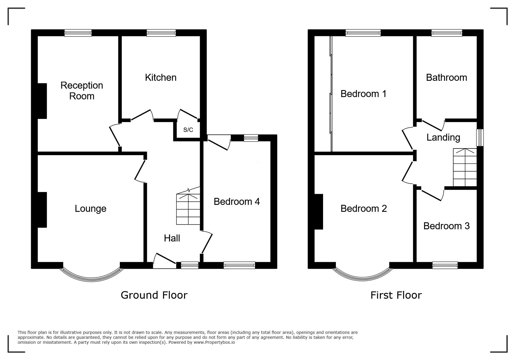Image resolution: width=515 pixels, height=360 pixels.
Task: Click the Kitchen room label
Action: click(161, 78)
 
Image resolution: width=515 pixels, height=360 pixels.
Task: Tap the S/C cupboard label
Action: click(188, 130)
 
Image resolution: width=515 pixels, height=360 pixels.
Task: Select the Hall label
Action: click(172, 238)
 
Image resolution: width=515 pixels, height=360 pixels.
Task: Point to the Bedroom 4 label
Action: click(237, 202)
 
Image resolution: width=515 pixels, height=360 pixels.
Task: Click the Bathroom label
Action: click(446, 78)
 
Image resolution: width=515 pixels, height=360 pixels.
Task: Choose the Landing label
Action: click(443, 137)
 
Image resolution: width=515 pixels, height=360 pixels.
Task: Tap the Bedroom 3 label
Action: click(446, 226)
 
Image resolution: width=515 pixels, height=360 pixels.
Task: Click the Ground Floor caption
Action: click(154, 295)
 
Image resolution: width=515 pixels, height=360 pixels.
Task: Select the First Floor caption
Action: click(396, 295)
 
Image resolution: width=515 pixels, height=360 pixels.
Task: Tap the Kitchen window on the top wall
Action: click(161, 33)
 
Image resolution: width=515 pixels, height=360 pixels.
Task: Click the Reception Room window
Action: click(78, 33)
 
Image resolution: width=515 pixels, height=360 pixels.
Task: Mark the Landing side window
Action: click(480, 137)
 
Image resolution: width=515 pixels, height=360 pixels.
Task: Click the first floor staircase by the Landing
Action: click(465, 167)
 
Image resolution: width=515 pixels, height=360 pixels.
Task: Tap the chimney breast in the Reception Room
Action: click(42, 101)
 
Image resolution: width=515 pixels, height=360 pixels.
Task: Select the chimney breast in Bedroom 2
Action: click(319, 212)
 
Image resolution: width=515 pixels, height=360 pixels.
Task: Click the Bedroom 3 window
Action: click(445, 265)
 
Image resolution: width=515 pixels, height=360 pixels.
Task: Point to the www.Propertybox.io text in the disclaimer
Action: click(214, 342)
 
